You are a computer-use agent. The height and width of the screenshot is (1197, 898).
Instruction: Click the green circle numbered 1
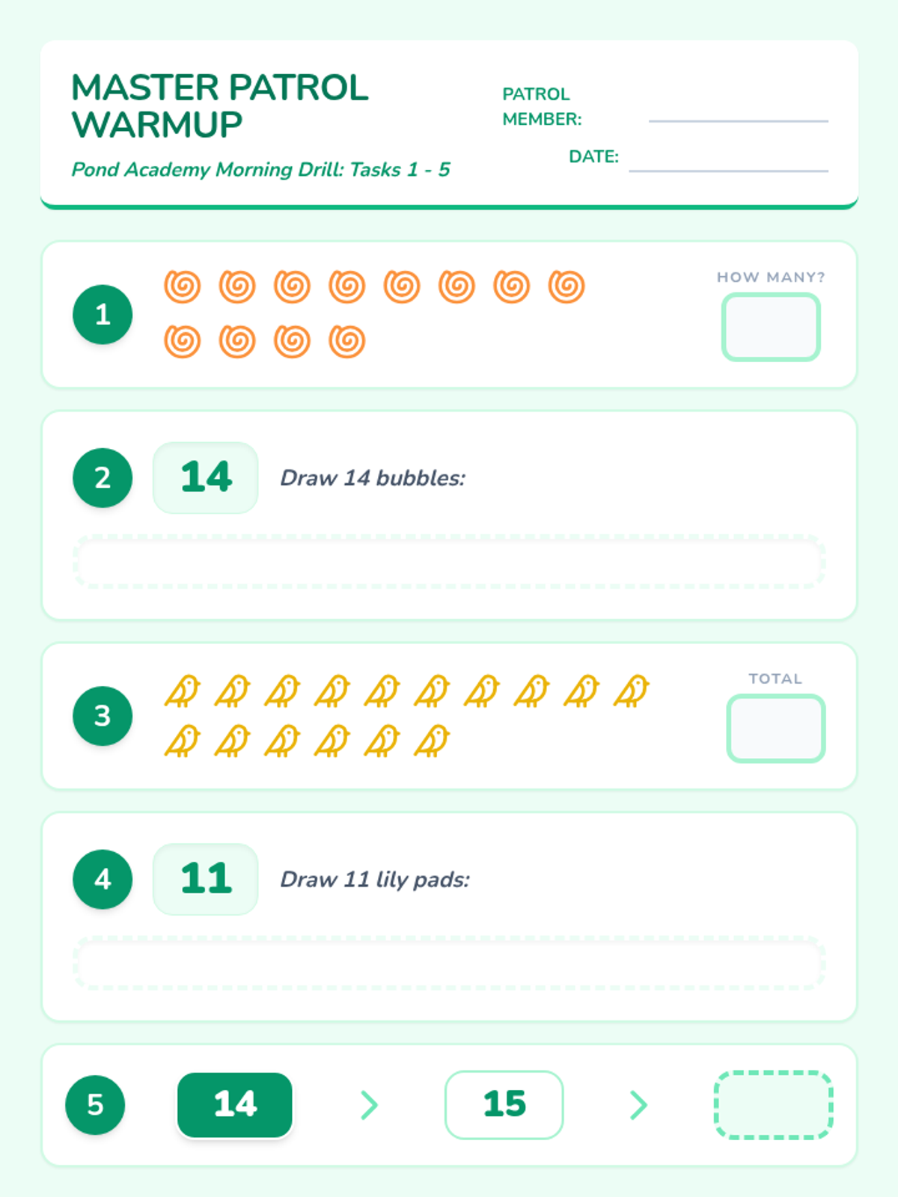click(x=103, y=315)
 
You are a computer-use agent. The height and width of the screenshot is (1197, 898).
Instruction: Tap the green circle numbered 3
click(x=103, y=716)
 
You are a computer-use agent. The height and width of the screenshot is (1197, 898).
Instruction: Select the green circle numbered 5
click(x=96, y=1105)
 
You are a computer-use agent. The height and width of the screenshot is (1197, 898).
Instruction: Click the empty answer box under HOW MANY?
click(x=771, y=327)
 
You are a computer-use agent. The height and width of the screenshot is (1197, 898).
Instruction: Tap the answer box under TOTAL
click(x=776, y=729)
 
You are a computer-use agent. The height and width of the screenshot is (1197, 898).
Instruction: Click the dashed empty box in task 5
click(x=774, y=1105)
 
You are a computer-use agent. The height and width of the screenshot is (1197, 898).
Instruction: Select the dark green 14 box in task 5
click(x=234, y=1105)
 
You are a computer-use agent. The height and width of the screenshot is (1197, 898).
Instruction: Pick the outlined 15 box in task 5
click(x=504, y=1105)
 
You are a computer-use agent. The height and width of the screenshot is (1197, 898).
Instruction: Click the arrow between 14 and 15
click(x=370, y=1105)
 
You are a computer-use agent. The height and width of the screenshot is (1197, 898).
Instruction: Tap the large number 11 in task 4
click(x=206, y=878)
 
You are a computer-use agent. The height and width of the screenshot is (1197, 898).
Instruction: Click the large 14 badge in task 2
click(x=206, y=478)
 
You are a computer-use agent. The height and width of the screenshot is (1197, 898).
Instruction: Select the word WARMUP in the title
click(x=157, y=125)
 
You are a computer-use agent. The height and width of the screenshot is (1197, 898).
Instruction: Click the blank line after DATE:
click(x=728, y=171)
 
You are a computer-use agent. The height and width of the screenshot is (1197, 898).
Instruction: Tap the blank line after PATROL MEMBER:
click(x=739, y=121)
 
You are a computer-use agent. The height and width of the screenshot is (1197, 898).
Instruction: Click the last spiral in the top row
click(x=566, y=287)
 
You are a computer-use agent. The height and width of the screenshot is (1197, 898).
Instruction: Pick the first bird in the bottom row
click(x=183, y=741)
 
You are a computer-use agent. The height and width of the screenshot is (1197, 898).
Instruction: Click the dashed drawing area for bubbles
click(x=449, y=562)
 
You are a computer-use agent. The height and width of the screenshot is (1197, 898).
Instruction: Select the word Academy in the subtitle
click(x=167, y=170)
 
